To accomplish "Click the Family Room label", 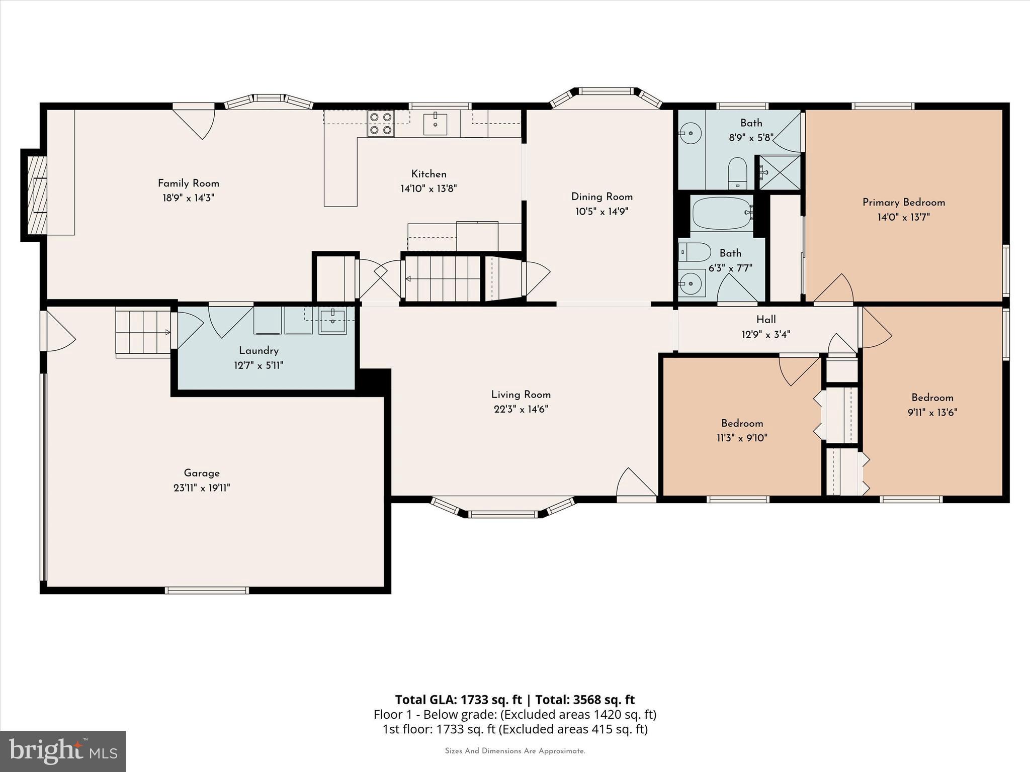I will pyautogui.click(x=188, y=183).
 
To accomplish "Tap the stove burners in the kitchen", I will pyautogui.click(x=380, y=123).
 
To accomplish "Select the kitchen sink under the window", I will pyautogui.click(x=435, y=124).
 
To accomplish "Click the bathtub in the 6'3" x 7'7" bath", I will pyautogui.click(x=722, y=213).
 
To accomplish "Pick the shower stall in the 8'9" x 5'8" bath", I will pyautogui.click(x=779, y=172).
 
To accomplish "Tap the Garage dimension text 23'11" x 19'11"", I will pyautogui.click(x=201, y=488).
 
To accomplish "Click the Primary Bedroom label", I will pyautogui.click(x=903, y=203).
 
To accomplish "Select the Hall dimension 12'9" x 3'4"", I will pyautogui.click(x=765, y=334).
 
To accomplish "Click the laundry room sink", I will pyautogui.click(x=332, y=321).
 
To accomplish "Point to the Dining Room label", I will pyautogui.click(x=602, y=197).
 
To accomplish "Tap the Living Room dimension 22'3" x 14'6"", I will pyautogui.click(x=521, y=409).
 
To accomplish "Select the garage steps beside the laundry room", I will pyautogui.click(x=143, y=332).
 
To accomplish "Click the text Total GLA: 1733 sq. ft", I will pyautogui.click(x=460, y=700).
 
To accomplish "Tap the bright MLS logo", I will pyautogui.click(x=63, y=751).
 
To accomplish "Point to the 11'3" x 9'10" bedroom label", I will pyautogui.click(x=742, y=423).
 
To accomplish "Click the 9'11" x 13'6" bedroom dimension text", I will pyautogui.click(x=932, y=412).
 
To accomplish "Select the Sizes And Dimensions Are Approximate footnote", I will pyautogui.click(x=514, y=751).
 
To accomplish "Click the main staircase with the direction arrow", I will pyautogui.click(x=443, y=278).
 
